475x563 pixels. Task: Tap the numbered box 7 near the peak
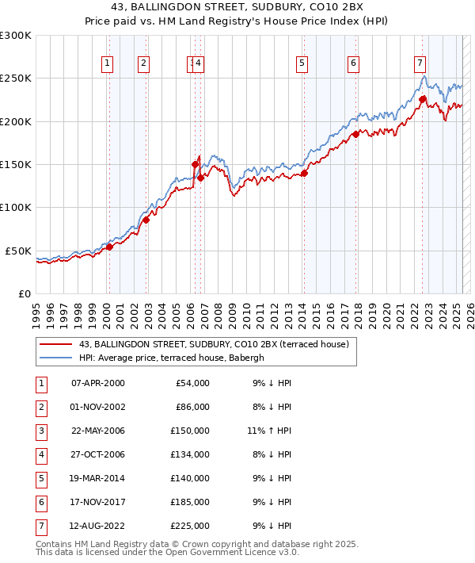[419, 64]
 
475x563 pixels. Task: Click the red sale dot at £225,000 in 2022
[423, 100]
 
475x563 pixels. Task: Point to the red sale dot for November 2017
[355, 134]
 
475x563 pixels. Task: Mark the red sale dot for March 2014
[304, 174]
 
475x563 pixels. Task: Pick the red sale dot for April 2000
[110, 247]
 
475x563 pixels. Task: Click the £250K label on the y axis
[16, 79]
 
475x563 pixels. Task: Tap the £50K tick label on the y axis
[19, 251]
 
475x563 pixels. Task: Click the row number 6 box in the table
[40, 502]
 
